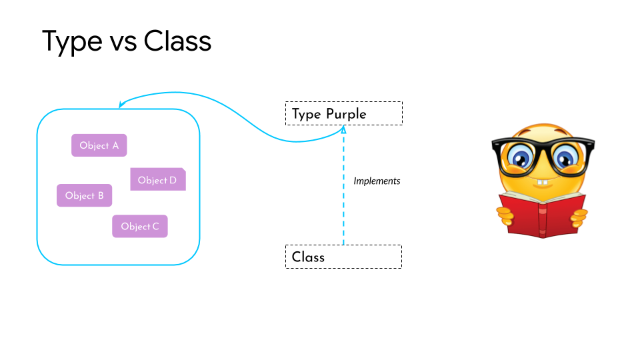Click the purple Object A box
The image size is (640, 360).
pyautogui.click(x=99, y=145)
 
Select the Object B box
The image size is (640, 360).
pyautogui.click(x=84, y=195)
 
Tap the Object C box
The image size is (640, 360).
pyautogui.click(x=139, y=227)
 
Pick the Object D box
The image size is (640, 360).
pyautogui.click(x=157, y=180)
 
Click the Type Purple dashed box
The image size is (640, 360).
pyautogui.click(x=343, y=113)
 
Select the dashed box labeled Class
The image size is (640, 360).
pyautogui.click(x=343, y=257)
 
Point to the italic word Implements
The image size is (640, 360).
pyautogui.click(x=377, y=181)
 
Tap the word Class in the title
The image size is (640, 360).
pyautogui.click(x=177, y=41)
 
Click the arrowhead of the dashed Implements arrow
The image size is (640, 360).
pyautogui.click(x=344, y=131)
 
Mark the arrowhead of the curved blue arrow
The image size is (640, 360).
pyautogui.click(x=121, y=105)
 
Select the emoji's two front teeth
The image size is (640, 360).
pyautogui.click(x=543, y=182)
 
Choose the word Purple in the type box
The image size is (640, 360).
pyautogui.click(x=346, y=114)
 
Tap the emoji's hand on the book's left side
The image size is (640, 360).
pyautogui.click(x=506, y=215)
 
